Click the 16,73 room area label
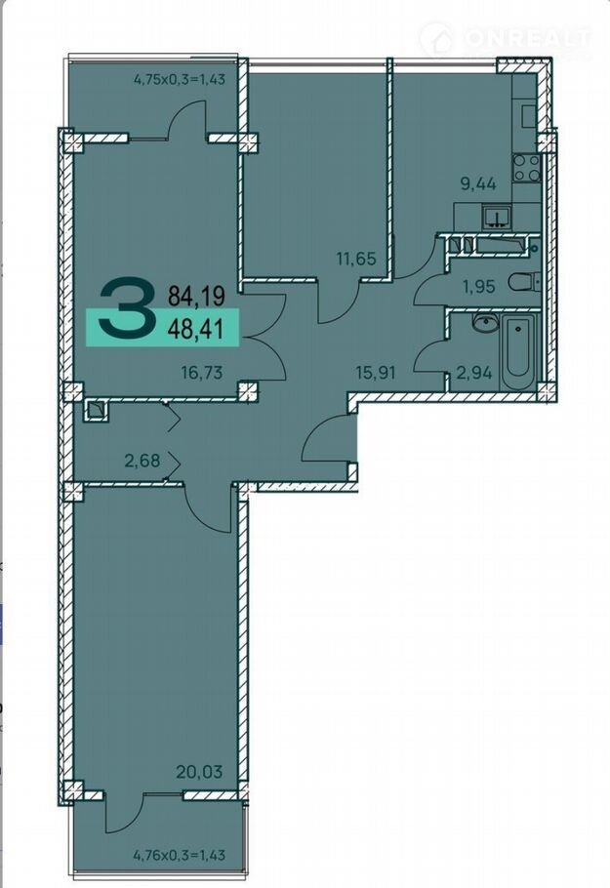202,373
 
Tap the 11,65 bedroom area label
356,260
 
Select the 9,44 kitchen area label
478,183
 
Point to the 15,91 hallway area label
375,373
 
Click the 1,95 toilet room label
478,287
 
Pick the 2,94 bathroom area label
474,373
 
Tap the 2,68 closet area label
142,461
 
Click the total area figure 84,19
196,295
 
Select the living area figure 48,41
196,327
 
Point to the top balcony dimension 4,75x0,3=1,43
180,79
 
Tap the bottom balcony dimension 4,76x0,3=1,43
180,854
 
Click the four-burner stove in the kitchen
527,168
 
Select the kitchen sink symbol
497,218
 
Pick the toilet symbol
523,282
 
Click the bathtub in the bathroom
519,351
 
